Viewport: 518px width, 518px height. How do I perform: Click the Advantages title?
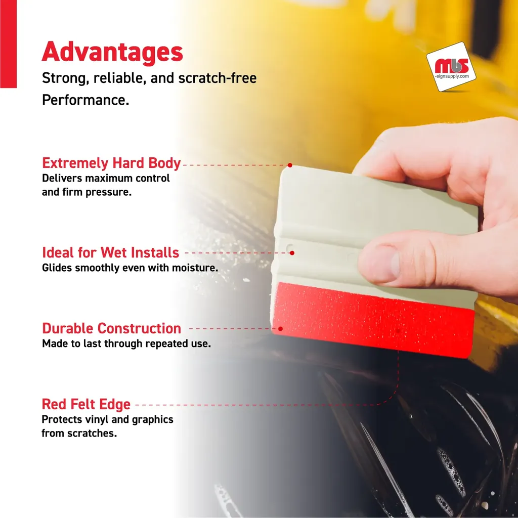click(x=112, y=52)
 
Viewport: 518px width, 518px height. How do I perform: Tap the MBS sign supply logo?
click(x=451, y=66)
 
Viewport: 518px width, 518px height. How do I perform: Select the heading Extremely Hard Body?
click(x=111, y=163)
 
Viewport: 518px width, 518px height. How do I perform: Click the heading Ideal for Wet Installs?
click(x=110, y=252)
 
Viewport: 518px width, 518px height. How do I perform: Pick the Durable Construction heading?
click(x=112, y=328)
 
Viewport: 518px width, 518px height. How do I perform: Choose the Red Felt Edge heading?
click(x=86, y=404)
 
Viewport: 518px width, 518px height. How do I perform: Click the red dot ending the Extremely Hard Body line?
click(x=290, y=165)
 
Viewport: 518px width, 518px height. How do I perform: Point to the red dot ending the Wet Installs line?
click(x=292, y=253)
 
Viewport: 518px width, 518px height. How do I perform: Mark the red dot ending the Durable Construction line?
click(x=280, y=329)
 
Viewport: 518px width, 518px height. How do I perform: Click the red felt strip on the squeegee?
click(x=373, y=320)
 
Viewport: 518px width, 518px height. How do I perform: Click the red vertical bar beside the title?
click(x=8, y=44)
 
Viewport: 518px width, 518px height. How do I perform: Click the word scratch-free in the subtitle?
click(x=218, y=78)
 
